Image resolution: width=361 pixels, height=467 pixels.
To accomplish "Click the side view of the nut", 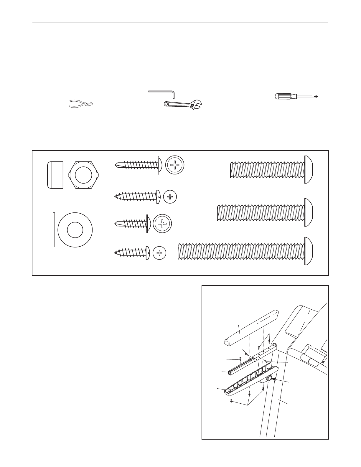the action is tap(55, 175).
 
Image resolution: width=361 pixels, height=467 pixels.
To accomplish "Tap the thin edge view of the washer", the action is tap(54, 230).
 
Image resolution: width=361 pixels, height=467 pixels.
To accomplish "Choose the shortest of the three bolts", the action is tap(271, 169).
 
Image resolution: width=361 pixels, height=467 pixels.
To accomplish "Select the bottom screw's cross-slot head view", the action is tap(159, 253).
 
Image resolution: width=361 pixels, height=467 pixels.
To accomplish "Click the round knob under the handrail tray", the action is tap(269, 379).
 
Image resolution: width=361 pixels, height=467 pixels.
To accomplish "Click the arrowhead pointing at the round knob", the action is tap(274, 380).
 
